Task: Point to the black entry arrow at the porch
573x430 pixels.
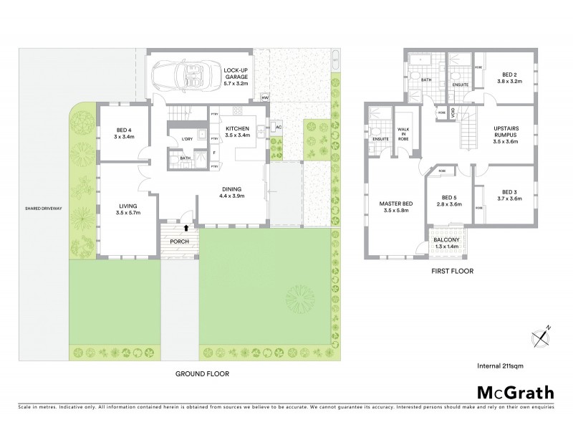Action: click(x=187, y=228)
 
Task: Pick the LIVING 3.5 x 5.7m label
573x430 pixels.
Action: click(x=128, y=209)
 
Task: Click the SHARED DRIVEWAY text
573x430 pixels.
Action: click(x=43, y=209)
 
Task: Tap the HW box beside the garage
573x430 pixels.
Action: click(x=264, y=97)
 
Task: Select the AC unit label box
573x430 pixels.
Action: click(x=279, y=128)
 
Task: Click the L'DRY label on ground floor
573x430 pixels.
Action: click(x=188, y=138)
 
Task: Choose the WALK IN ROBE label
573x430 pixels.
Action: click(x=403, y=135)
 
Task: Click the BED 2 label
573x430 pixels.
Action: click(x=509, y=77)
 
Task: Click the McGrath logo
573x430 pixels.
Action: click(x=515, y=392)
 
